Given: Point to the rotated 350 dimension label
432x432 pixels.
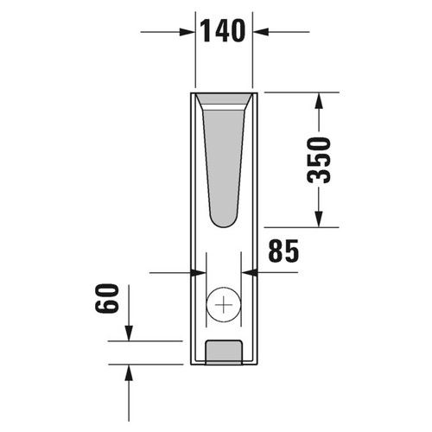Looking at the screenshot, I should point(321,160).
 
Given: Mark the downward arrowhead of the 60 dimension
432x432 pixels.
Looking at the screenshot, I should point(129,333).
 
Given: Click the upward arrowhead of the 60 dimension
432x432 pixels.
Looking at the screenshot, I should point(129,372).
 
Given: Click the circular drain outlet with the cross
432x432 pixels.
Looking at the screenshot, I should point(224,304).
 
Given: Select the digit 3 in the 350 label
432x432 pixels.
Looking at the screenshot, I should point(321,175).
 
